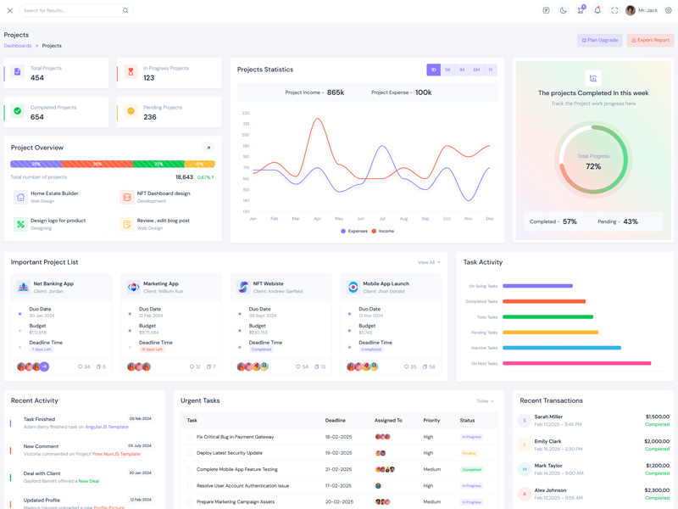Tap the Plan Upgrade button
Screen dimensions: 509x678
click(600, 40)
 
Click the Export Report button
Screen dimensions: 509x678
click(650, 40)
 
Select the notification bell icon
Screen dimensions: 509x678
click(597, 11)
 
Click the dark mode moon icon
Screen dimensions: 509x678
click(563, 11)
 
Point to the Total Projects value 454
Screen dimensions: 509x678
click(37, 78)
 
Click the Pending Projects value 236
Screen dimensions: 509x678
click(150, 117)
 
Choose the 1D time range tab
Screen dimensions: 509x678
click(433, 70)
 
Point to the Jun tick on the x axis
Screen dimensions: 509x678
click(361, 219)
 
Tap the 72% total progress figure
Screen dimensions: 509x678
click(593, 166)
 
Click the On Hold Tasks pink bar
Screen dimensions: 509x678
click(576, 363)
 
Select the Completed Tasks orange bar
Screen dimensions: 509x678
click(544, 301)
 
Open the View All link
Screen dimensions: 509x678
click(429, 262)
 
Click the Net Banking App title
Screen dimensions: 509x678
click(53, 284)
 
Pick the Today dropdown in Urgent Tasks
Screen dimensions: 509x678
click(485, 401)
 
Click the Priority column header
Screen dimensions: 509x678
click(431, 420)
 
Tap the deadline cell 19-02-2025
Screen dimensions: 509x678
click(338, 453)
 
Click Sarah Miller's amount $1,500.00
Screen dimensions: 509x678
click(657, 417)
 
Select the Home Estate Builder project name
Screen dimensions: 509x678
click(54, 193)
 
